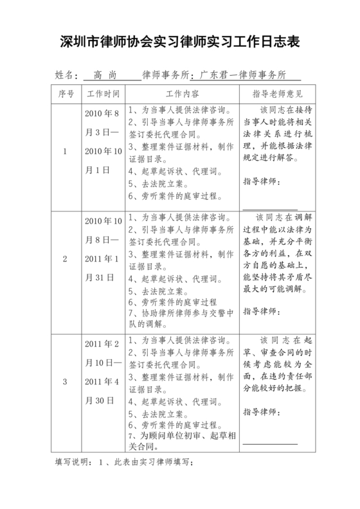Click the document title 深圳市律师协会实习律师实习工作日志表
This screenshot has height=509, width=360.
click(179, 42)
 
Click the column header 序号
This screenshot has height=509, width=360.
click(66, 94)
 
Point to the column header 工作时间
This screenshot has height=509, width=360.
click(103, 94)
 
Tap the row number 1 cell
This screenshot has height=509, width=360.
click(65, 152)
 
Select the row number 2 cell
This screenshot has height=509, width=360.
click(65, 259)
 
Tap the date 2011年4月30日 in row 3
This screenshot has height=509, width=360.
click(102, 391)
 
